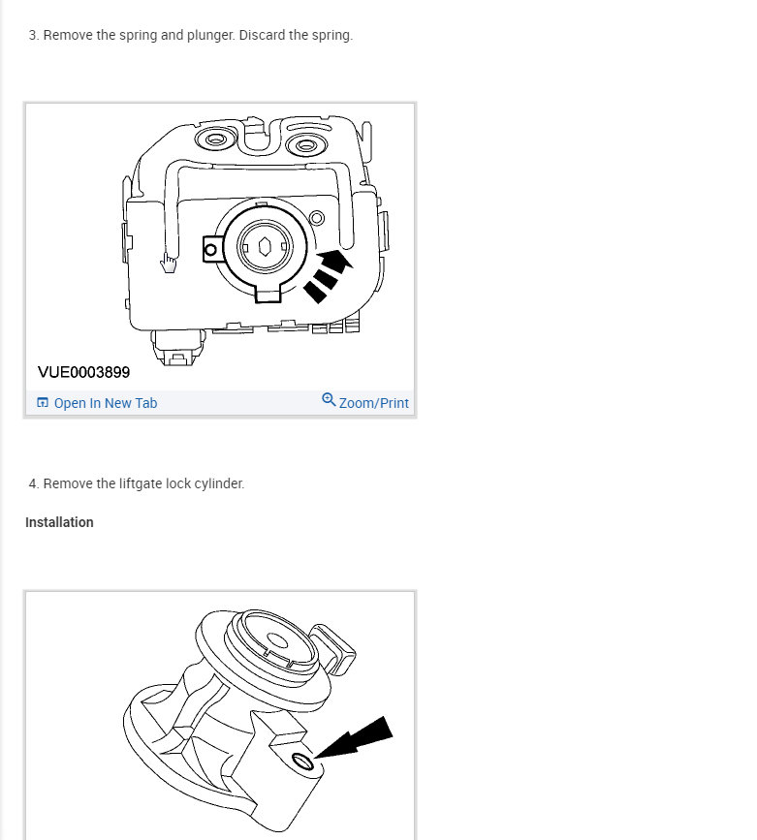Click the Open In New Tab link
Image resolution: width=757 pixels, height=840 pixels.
point(105,403)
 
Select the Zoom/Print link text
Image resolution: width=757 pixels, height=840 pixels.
point(374,403)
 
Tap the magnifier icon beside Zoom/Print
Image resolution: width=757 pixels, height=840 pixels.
point(329,400)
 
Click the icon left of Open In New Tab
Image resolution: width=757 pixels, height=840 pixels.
point(43,403)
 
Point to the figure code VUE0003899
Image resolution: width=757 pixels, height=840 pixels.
point(83,372)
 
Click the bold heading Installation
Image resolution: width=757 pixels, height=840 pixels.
point(59,522)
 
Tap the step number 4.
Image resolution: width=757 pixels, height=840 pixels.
point(33,483)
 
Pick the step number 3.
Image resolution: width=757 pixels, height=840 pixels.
point(33,35)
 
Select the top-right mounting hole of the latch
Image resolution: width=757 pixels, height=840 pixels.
point(307,146)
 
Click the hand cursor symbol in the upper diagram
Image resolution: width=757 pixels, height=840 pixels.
point(169,263)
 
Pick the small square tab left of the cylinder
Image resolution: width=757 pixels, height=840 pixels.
point(211,250)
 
